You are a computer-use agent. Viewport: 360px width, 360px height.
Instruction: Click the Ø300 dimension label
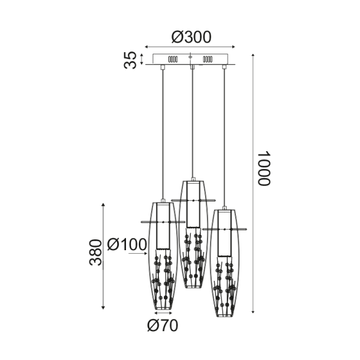[191, 37]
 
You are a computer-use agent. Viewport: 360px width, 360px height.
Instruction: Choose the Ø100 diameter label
[127, 245]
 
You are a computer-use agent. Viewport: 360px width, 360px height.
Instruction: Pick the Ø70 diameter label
[162, 326]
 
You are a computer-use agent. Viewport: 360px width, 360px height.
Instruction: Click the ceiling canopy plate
[191, 60]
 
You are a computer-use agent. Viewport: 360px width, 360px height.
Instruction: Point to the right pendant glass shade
[225, 288]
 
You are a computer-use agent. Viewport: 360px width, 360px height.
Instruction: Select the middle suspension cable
[191, 120]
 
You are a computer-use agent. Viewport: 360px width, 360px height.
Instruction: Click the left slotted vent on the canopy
[173, 60]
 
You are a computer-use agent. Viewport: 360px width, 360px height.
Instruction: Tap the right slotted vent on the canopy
[209, 60]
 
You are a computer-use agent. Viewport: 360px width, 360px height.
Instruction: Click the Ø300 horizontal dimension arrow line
[191, 47]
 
